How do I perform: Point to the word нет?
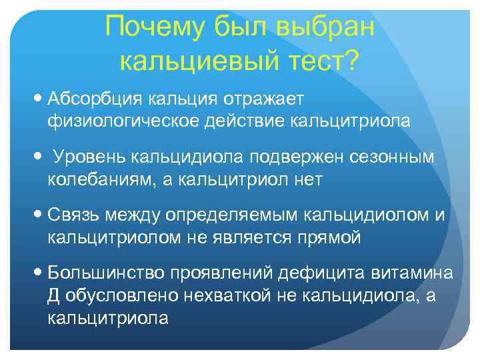tap(307, 179)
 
